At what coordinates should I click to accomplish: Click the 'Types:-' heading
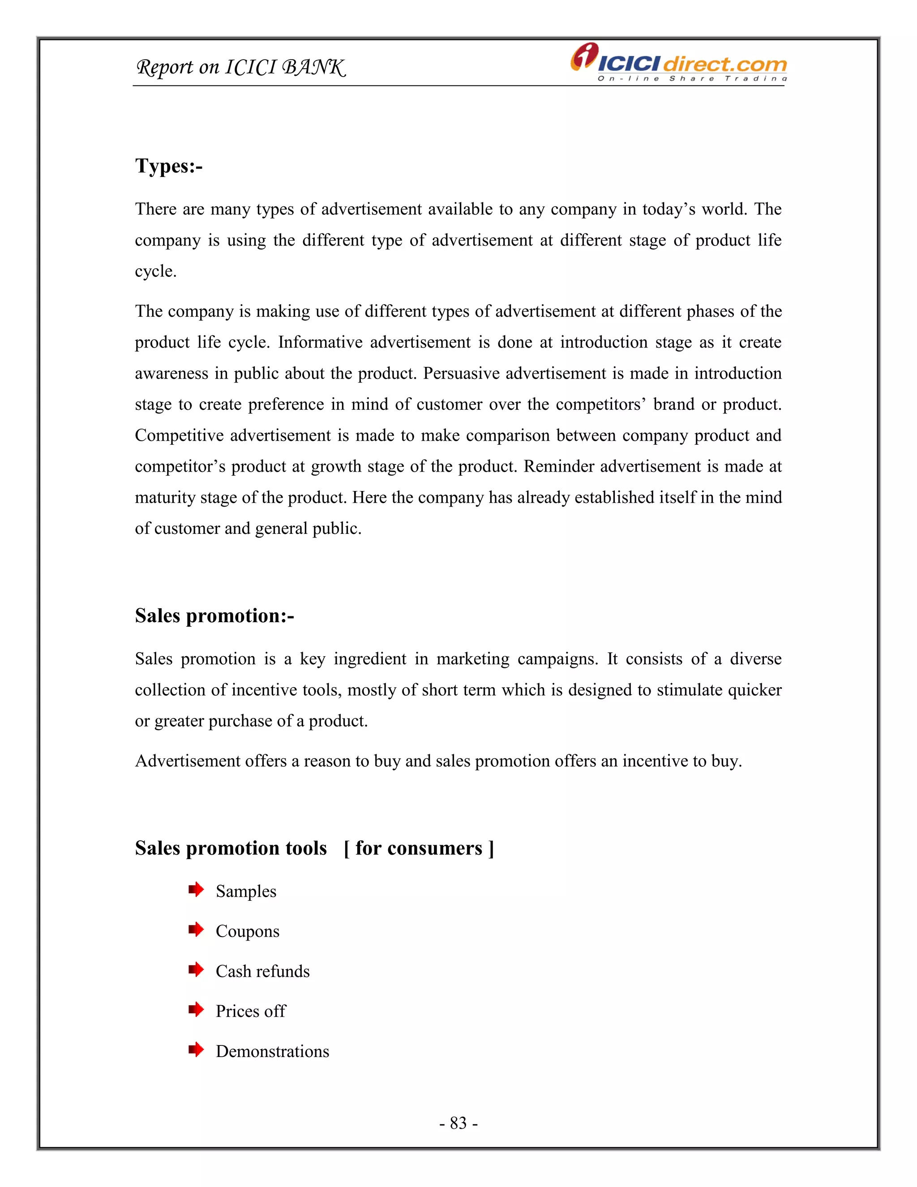[x=168, y=166]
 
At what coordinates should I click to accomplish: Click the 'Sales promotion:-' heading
[x=214, y=616]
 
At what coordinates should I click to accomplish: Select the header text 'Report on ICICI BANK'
[x=240, y=67]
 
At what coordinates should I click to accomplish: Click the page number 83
[x=458, y=1122]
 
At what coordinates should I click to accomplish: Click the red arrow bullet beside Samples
[x=196, y=890]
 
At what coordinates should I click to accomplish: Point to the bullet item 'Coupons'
[x=247, y=931]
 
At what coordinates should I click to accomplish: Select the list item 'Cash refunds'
[x=262, y=971]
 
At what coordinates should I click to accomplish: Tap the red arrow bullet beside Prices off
[x=196, y=1010]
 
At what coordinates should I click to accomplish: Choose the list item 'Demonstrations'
[x=272, y=1051]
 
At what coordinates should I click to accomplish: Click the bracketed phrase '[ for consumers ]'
[x=418, y=848]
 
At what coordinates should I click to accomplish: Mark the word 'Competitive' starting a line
[x=179, y=435]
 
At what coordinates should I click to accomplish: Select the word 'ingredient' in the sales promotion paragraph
[x=369, y=659]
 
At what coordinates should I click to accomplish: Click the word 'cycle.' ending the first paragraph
[x=155, y=271]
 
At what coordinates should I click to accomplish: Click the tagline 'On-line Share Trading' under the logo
[x=691, y=79]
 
